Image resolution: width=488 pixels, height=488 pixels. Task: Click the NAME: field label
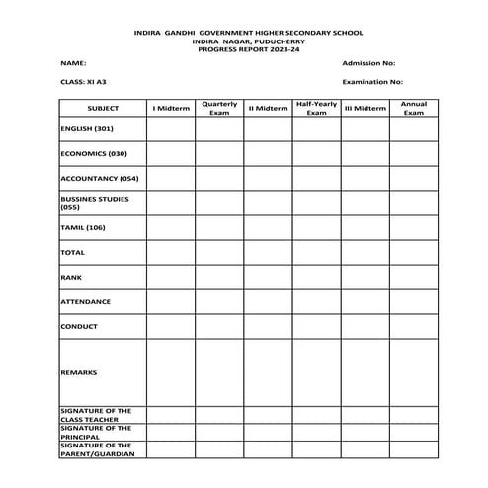point(68,62)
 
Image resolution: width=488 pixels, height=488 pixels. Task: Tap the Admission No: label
point(368,62)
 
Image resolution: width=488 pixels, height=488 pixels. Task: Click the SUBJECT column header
point(103,107)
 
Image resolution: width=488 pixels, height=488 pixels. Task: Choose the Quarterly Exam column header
point(218,107)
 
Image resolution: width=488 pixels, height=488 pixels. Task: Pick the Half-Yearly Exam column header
point(316,107)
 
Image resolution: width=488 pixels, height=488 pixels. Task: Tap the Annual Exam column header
point(413,107)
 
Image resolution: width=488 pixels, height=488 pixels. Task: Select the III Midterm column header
point(365,107)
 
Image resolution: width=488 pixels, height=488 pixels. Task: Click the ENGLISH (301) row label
point(87,129)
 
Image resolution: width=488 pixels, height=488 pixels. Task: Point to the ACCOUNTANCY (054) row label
point(99,179)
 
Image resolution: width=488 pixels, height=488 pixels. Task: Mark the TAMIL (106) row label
point(82,228)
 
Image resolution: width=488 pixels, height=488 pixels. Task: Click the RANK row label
point(71,278)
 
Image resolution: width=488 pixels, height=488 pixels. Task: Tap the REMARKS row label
point(78,372)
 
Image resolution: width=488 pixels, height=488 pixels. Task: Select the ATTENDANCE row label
point(85,302)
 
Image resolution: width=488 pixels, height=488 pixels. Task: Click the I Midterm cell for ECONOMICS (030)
point(171,154)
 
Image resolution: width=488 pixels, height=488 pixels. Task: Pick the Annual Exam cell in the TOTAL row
point(413,253)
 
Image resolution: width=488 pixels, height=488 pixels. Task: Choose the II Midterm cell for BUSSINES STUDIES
point(268,203)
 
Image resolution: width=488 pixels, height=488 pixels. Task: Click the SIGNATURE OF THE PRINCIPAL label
point(96,432)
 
